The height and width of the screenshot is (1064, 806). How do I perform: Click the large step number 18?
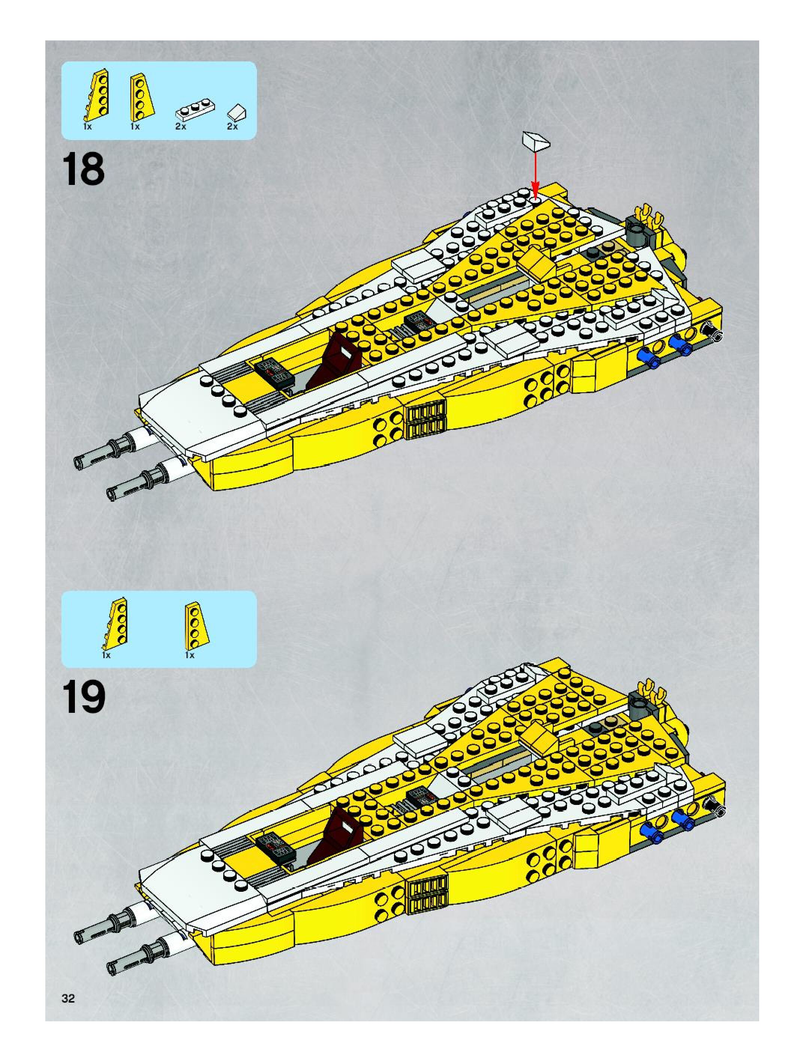tap(83, 169)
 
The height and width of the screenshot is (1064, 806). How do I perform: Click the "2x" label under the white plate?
tap(181, 127)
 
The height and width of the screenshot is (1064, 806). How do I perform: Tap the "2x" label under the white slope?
tap(233, 127)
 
